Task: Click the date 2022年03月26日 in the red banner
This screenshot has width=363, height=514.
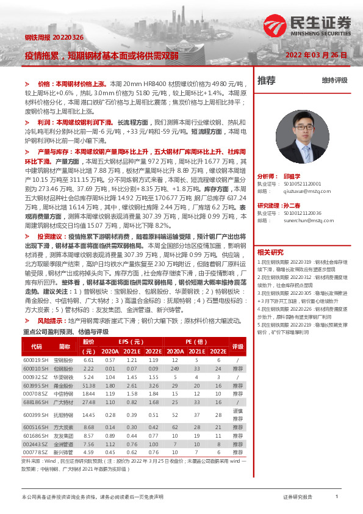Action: tap(317, 55)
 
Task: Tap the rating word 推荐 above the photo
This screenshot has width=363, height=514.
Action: tap(267, 80)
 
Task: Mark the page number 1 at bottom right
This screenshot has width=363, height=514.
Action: tap(337, 498)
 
